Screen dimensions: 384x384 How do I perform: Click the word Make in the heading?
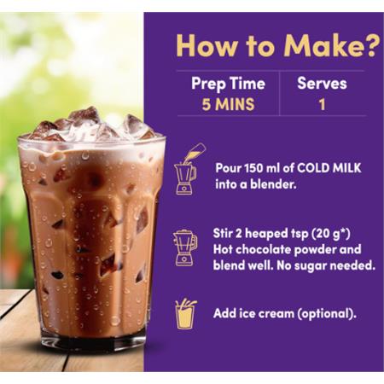(323, 45)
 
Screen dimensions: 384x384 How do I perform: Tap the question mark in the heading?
(371, 45)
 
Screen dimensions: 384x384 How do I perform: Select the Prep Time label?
(228, 84)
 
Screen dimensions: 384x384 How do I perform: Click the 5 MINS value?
(228, 104)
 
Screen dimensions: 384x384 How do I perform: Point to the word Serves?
(322, 84)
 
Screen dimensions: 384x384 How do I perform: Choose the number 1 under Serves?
(322, 104)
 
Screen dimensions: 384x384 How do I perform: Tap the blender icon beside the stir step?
(185, 247)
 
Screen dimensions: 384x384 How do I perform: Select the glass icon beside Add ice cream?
(186, 314)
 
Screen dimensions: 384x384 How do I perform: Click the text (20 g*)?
(331, 234)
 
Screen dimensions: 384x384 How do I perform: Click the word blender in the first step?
(273, 184)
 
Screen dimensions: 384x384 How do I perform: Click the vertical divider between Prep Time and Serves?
(279, 93)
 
